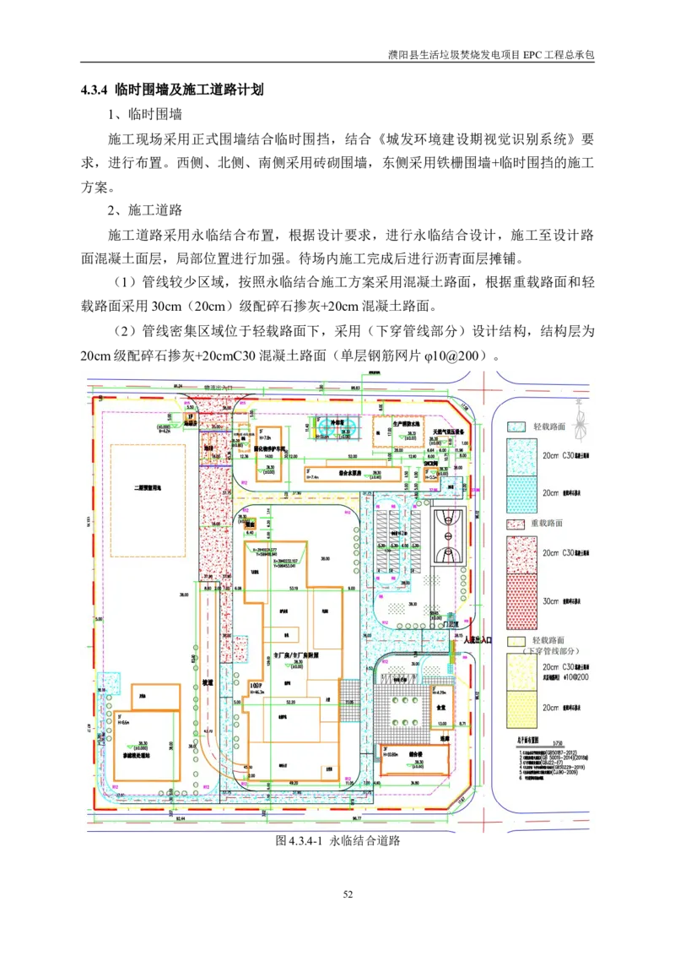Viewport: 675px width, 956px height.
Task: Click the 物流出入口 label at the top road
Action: tap(219, 387)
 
